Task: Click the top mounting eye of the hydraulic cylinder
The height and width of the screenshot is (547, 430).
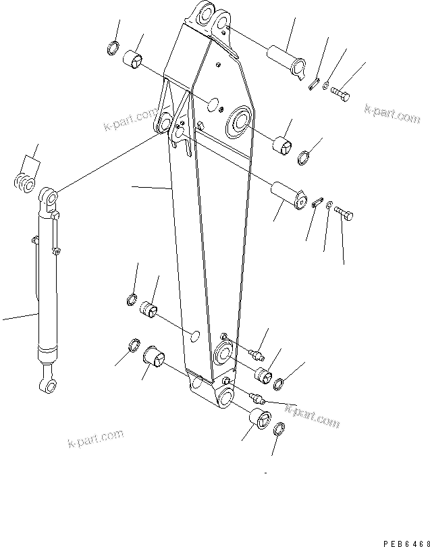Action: (x=49, y=199)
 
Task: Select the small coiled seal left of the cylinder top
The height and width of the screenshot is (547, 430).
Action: (x=25, y=182)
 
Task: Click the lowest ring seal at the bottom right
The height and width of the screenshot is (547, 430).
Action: (x=280, y=428)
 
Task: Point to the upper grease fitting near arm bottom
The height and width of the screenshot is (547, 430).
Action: (x=255, y=354)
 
